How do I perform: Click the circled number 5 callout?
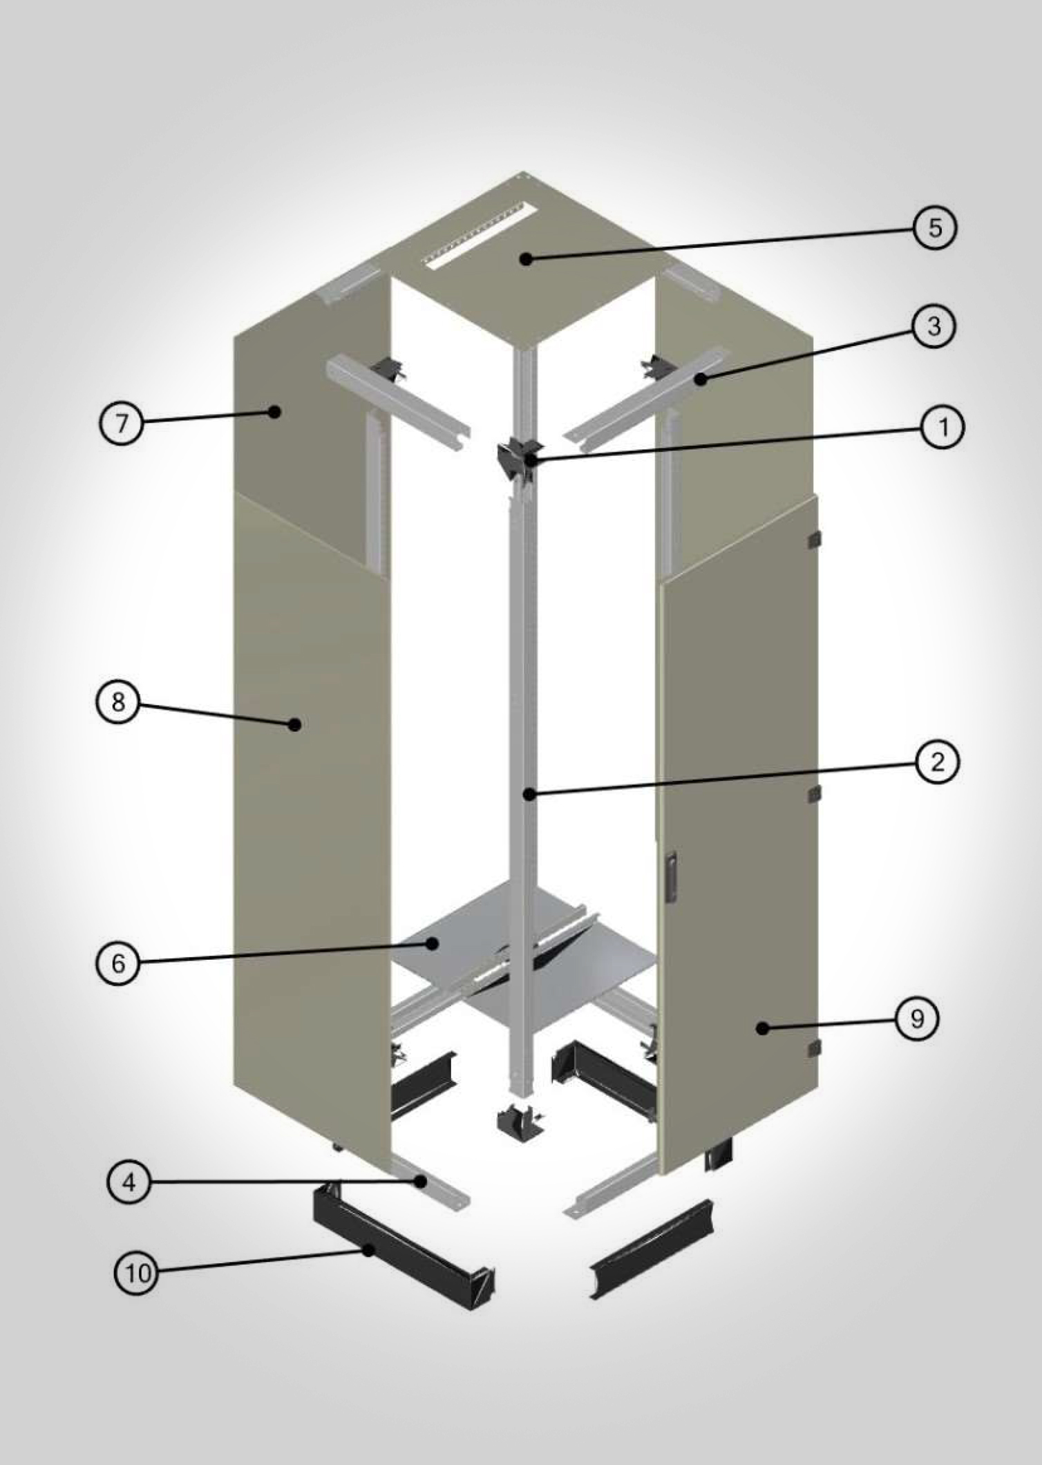click(x=935, y=227)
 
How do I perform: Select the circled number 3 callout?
click(x=934, y=325)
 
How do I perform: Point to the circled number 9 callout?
click(x=917, y=1019)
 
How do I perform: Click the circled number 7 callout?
click(x=122, y=423)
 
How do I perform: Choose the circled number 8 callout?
click(x=118, y=702)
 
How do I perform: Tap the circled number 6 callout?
click(x=118, y=963)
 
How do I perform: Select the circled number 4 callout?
click(x=129, y=1182)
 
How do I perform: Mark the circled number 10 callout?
click(x=136, y=1272)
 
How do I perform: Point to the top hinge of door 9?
click(x=815, y=539)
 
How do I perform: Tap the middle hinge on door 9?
click(x=815, y=794)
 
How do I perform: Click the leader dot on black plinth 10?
click(x=370, y=1249)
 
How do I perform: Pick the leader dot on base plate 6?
click(x=433, y=943)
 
